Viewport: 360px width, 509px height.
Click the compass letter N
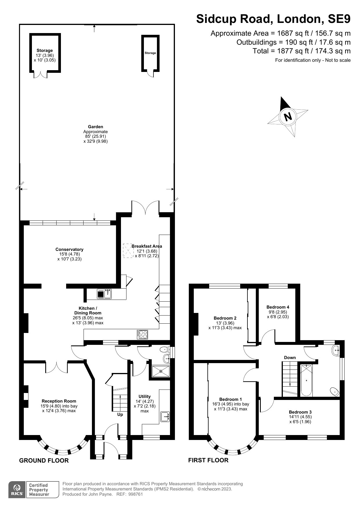coord(288,117)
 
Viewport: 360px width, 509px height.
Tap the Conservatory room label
coord(69,249)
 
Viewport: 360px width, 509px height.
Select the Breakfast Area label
coord(147,246)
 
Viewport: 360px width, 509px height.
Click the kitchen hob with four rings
coord(142,334)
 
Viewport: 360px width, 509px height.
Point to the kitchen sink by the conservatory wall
coord(104,294)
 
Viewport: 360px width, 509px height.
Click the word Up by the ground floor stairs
coord(120,414)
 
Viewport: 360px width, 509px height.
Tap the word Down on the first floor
coord(290,357)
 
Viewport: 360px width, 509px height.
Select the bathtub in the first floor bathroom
coord(307,380)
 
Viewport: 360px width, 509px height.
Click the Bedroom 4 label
coord(278,307)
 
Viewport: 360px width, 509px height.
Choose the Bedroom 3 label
coord(300,412)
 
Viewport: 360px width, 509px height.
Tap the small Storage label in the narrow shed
coord(150,53)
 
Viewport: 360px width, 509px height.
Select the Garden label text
coord(95,127)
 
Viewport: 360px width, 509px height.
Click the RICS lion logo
coord(17,489)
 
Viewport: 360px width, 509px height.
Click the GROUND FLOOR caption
coord(44,461)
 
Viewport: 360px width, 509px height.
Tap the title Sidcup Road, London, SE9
coord(273,19)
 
